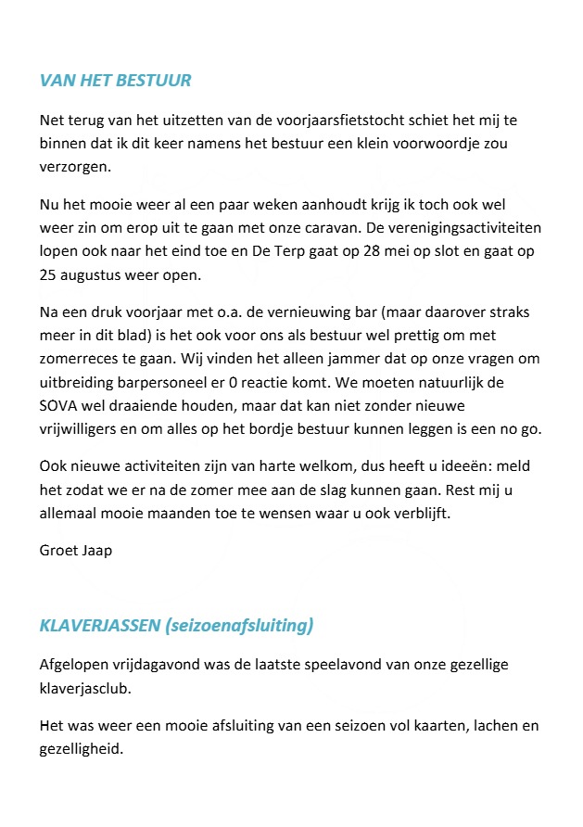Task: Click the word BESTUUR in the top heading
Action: (x=154, y=81)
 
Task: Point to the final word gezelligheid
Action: (x=82, y=749)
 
